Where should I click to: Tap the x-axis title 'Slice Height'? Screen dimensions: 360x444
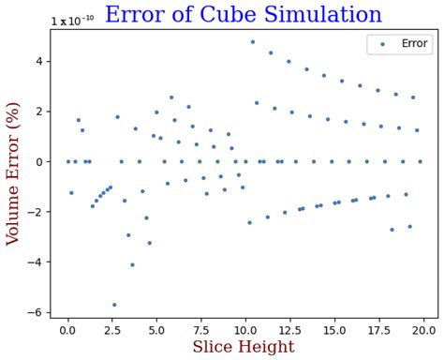click(x=244, y=347)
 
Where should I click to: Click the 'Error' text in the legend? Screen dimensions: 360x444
click(x=414, y=43)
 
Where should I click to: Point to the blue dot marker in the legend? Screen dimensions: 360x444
click(x=382, y=43)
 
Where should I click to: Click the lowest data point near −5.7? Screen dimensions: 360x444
click(x=114, y=305)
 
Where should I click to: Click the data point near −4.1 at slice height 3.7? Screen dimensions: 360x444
click(x=132, y=264)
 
